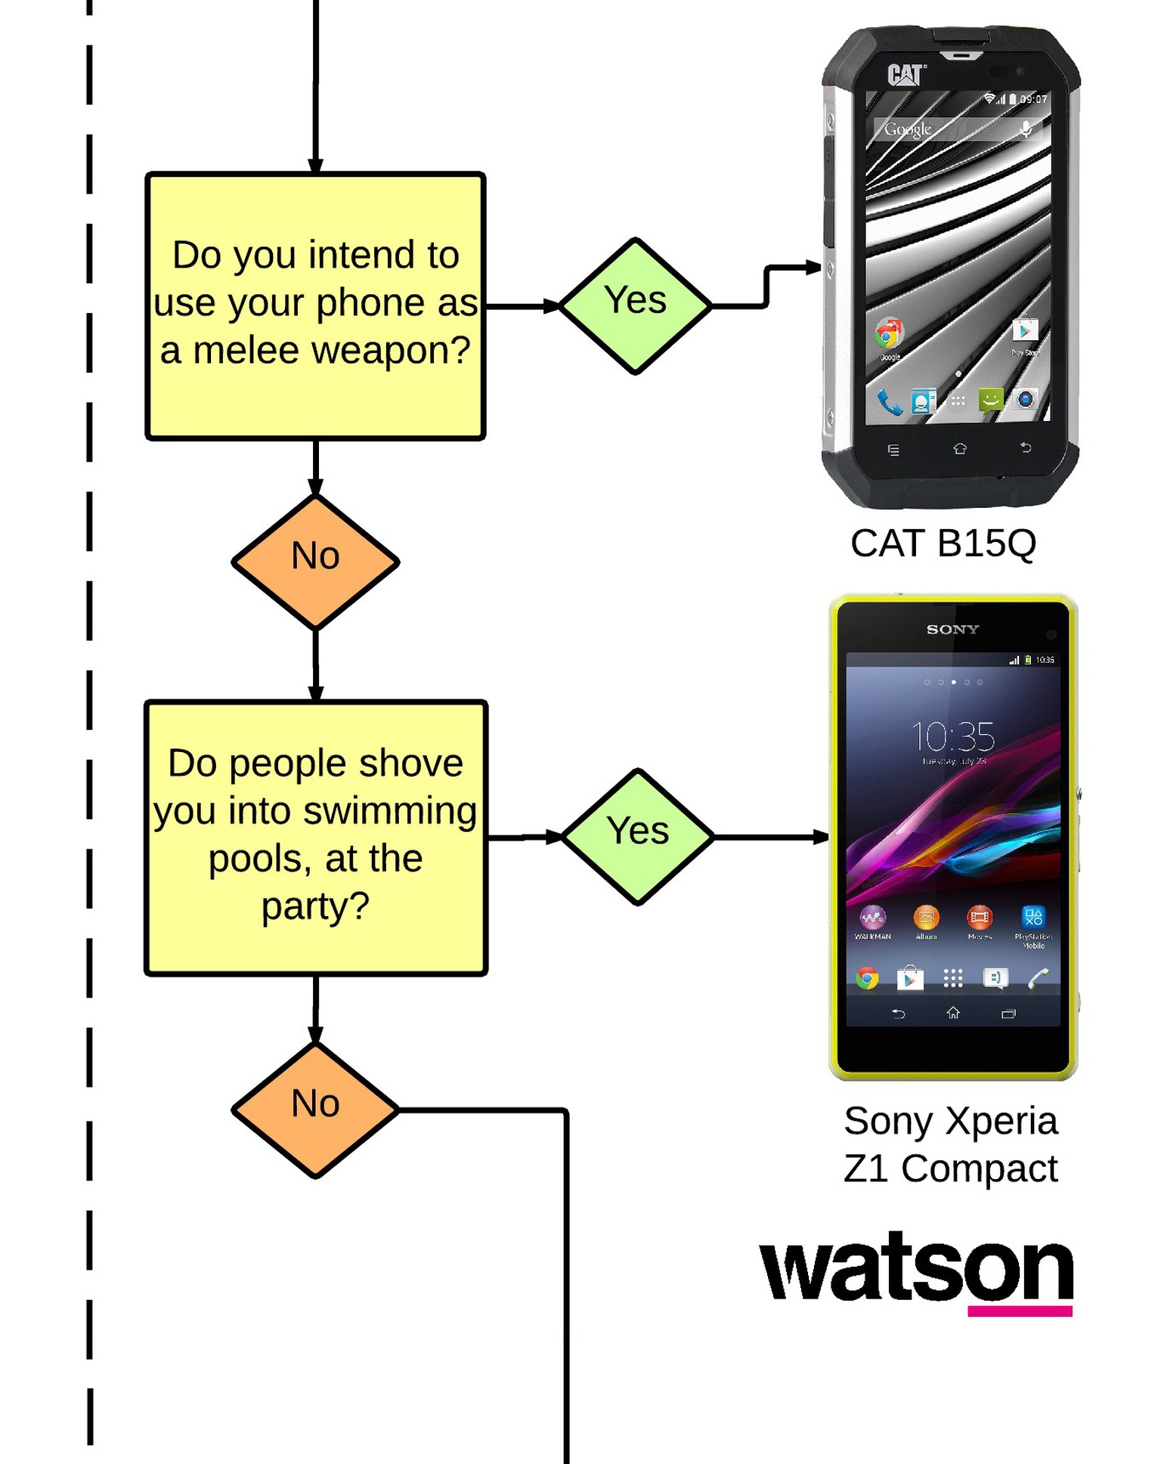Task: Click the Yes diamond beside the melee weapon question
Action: pos(635,306)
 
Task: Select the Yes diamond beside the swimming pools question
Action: pos(638,837)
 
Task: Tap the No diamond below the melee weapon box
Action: pos(315,562)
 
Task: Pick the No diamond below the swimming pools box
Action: pos(315,1110)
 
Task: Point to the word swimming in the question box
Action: pos(391,811)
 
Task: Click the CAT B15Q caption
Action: pos(943,543)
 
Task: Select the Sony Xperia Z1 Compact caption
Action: pos(950,1144)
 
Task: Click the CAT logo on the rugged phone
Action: pos(905,74)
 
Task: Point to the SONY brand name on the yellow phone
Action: pos(952,629)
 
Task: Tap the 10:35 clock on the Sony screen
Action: pos(952,736)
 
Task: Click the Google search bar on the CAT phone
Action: pos(957,129)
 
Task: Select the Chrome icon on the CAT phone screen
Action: pos(889,333)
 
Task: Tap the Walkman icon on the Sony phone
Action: pos(872,918)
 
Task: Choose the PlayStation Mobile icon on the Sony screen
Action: pos(1033,918)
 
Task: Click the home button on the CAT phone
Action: pos(959,449)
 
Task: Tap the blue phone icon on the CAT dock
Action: pos(889,401)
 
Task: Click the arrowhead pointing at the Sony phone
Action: pos(822,837)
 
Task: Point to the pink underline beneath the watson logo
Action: pos(1020,1311)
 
